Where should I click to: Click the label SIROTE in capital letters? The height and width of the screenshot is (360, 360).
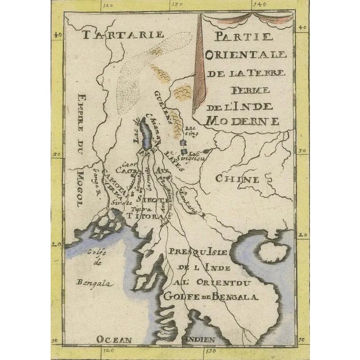click(151, 200)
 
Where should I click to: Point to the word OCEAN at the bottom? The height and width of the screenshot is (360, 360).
click(114, 339)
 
